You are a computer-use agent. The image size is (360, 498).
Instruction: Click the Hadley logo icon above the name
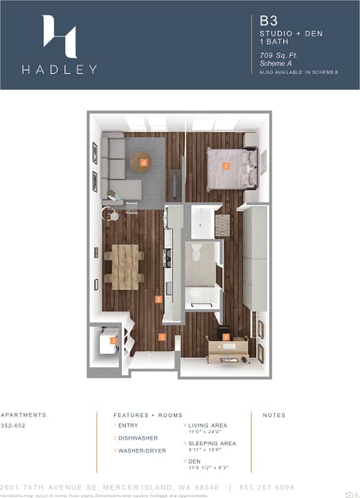coord(59,36)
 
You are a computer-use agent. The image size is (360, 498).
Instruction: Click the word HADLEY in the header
coord(59,69)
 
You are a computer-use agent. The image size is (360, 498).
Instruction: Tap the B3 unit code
coord(267,22)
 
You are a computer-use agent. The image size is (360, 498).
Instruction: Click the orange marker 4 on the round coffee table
coord(143,162)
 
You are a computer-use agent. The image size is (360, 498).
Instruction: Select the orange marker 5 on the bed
coord(226,167)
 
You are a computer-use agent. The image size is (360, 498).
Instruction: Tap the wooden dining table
coord(125,266)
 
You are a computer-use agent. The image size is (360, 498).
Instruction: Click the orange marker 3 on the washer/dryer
coord(112,341)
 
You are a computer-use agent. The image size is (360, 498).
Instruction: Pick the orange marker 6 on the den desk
coord(226,337)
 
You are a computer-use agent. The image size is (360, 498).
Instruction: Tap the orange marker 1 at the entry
coord(162,338)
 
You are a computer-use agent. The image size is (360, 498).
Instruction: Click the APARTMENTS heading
coord(23,415)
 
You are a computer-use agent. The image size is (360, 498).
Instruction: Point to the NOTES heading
coord(274,415)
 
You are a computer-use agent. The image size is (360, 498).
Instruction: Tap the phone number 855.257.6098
coord(277,487)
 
